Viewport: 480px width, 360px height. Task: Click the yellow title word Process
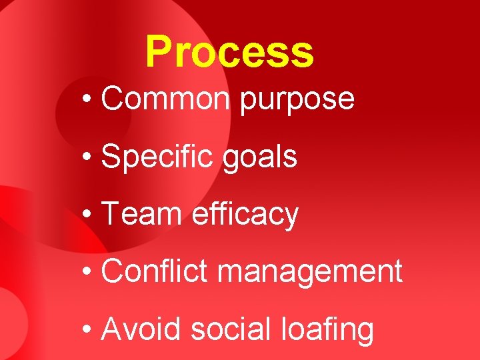coord(229,52)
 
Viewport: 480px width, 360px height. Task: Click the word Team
coord(141,214)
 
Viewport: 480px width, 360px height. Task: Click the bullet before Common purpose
coord(88,100)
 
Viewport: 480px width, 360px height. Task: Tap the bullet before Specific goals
coord(88,158)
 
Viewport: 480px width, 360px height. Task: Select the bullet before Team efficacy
coord(88,215)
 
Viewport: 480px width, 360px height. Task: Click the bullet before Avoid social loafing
coord(88,330)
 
